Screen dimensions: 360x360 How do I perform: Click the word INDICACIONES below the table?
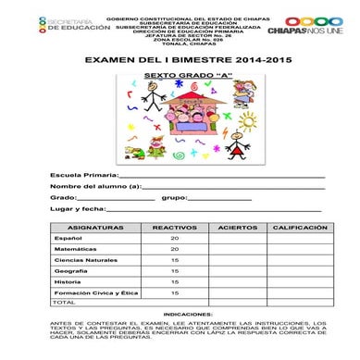coord(180,315)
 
